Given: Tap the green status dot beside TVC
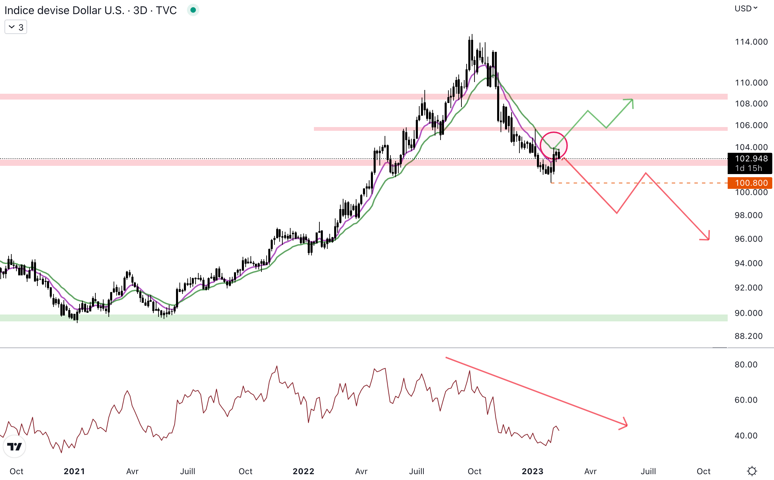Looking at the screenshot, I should (193, 10).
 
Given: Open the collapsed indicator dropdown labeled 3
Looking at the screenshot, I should (16, 27).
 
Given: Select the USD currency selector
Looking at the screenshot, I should (746, 9).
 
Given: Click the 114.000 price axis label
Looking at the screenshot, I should (751, 42).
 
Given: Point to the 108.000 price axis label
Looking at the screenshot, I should (751, 104).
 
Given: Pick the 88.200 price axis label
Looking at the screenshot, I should (748, 336).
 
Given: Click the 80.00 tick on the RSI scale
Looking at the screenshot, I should (746, 365).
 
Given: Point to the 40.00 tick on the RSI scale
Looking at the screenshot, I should (746, 436).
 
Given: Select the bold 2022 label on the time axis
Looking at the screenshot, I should (303, 471).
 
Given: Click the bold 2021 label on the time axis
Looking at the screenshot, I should (74, 471).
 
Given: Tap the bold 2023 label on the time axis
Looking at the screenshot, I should (532, 471).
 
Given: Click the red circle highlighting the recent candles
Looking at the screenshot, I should (553, 146).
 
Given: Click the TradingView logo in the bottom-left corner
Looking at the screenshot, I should (14, 446).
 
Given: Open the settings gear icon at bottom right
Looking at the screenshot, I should (752, 471).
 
